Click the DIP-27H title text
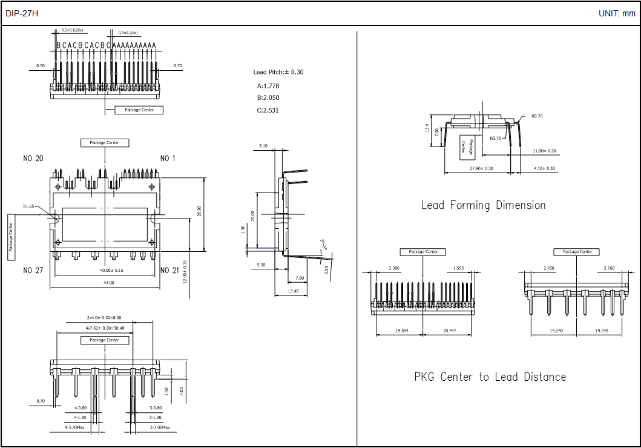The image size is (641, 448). [x=22, y=13]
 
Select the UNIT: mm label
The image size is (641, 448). [x=617, y=13]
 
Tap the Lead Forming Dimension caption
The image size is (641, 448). [x=483, y=205]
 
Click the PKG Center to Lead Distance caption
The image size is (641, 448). [x=490, y=377]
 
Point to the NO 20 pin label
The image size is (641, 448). [x=33, y=159]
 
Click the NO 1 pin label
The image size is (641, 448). [x=168, y=159]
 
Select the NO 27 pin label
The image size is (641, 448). [x=33, y=270]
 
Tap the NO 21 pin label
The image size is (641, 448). [x=169, y=270]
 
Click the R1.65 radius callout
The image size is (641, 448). [x=29, y=206]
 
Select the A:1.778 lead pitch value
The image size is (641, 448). [x=268, y=86]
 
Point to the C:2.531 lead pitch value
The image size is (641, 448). [x=268, y=110]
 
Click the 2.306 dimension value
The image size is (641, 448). [x=394, y=268]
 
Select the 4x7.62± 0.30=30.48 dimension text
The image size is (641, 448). [x=105, y=328]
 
